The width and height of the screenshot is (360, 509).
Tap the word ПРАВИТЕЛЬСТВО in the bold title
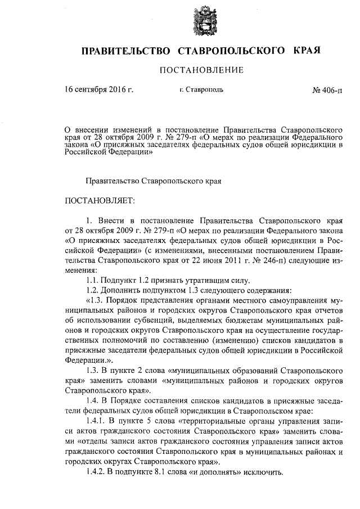pyautogui.click(x=126, y=51)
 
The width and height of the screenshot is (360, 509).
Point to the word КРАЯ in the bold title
pyautogui.click(x=307, y=51)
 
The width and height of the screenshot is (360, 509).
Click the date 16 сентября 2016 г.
pyautogui.click(x=99, y=90)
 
